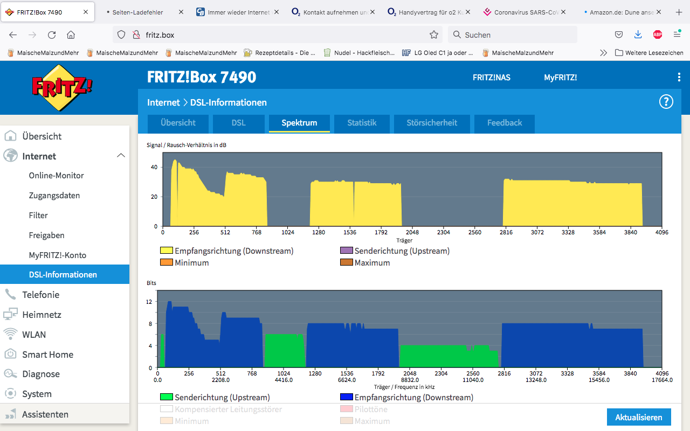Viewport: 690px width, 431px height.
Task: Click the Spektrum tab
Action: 299,123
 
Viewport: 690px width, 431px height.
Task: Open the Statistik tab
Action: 362,123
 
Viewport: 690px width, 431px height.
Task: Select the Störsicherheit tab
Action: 432,123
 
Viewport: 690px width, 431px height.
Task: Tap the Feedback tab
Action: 504,123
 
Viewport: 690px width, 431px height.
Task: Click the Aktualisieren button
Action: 639,417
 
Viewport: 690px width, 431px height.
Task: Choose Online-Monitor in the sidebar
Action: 57,176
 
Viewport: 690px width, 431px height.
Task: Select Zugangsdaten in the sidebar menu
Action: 54,196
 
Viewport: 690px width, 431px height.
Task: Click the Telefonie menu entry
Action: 40,295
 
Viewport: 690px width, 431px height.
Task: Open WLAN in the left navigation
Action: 34,335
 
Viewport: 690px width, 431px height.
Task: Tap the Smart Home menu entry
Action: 48,354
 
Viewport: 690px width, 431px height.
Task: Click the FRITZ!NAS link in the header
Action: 491,78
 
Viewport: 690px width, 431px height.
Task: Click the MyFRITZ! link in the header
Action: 560,78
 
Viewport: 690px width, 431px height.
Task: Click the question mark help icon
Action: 666,102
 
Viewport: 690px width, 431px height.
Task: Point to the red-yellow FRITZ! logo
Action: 61,88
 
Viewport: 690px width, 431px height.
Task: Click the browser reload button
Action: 52,35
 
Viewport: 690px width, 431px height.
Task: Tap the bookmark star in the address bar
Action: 434,35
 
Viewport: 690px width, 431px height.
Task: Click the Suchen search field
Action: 513,35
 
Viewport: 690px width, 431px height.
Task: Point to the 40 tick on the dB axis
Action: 154,167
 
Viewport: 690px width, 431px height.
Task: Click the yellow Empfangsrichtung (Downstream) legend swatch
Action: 167,251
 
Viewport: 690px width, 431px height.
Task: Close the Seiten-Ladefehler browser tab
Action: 181,12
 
